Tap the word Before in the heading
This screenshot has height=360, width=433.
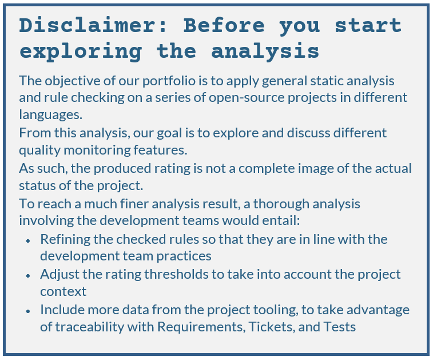(224, 25)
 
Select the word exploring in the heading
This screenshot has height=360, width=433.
(81, 52)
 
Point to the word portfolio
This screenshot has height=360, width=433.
(169, 81)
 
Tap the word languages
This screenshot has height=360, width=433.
(50, 114)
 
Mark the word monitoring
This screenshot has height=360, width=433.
(97, 150)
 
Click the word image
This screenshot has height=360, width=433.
(316, 169)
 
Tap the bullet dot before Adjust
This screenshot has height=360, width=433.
(27, 276)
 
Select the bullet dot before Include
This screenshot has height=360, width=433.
(27, 311)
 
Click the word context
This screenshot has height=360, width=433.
(63, 291)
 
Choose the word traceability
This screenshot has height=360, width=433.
(90, 327)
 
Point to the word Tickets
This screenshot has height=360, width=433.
(272, 327)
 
